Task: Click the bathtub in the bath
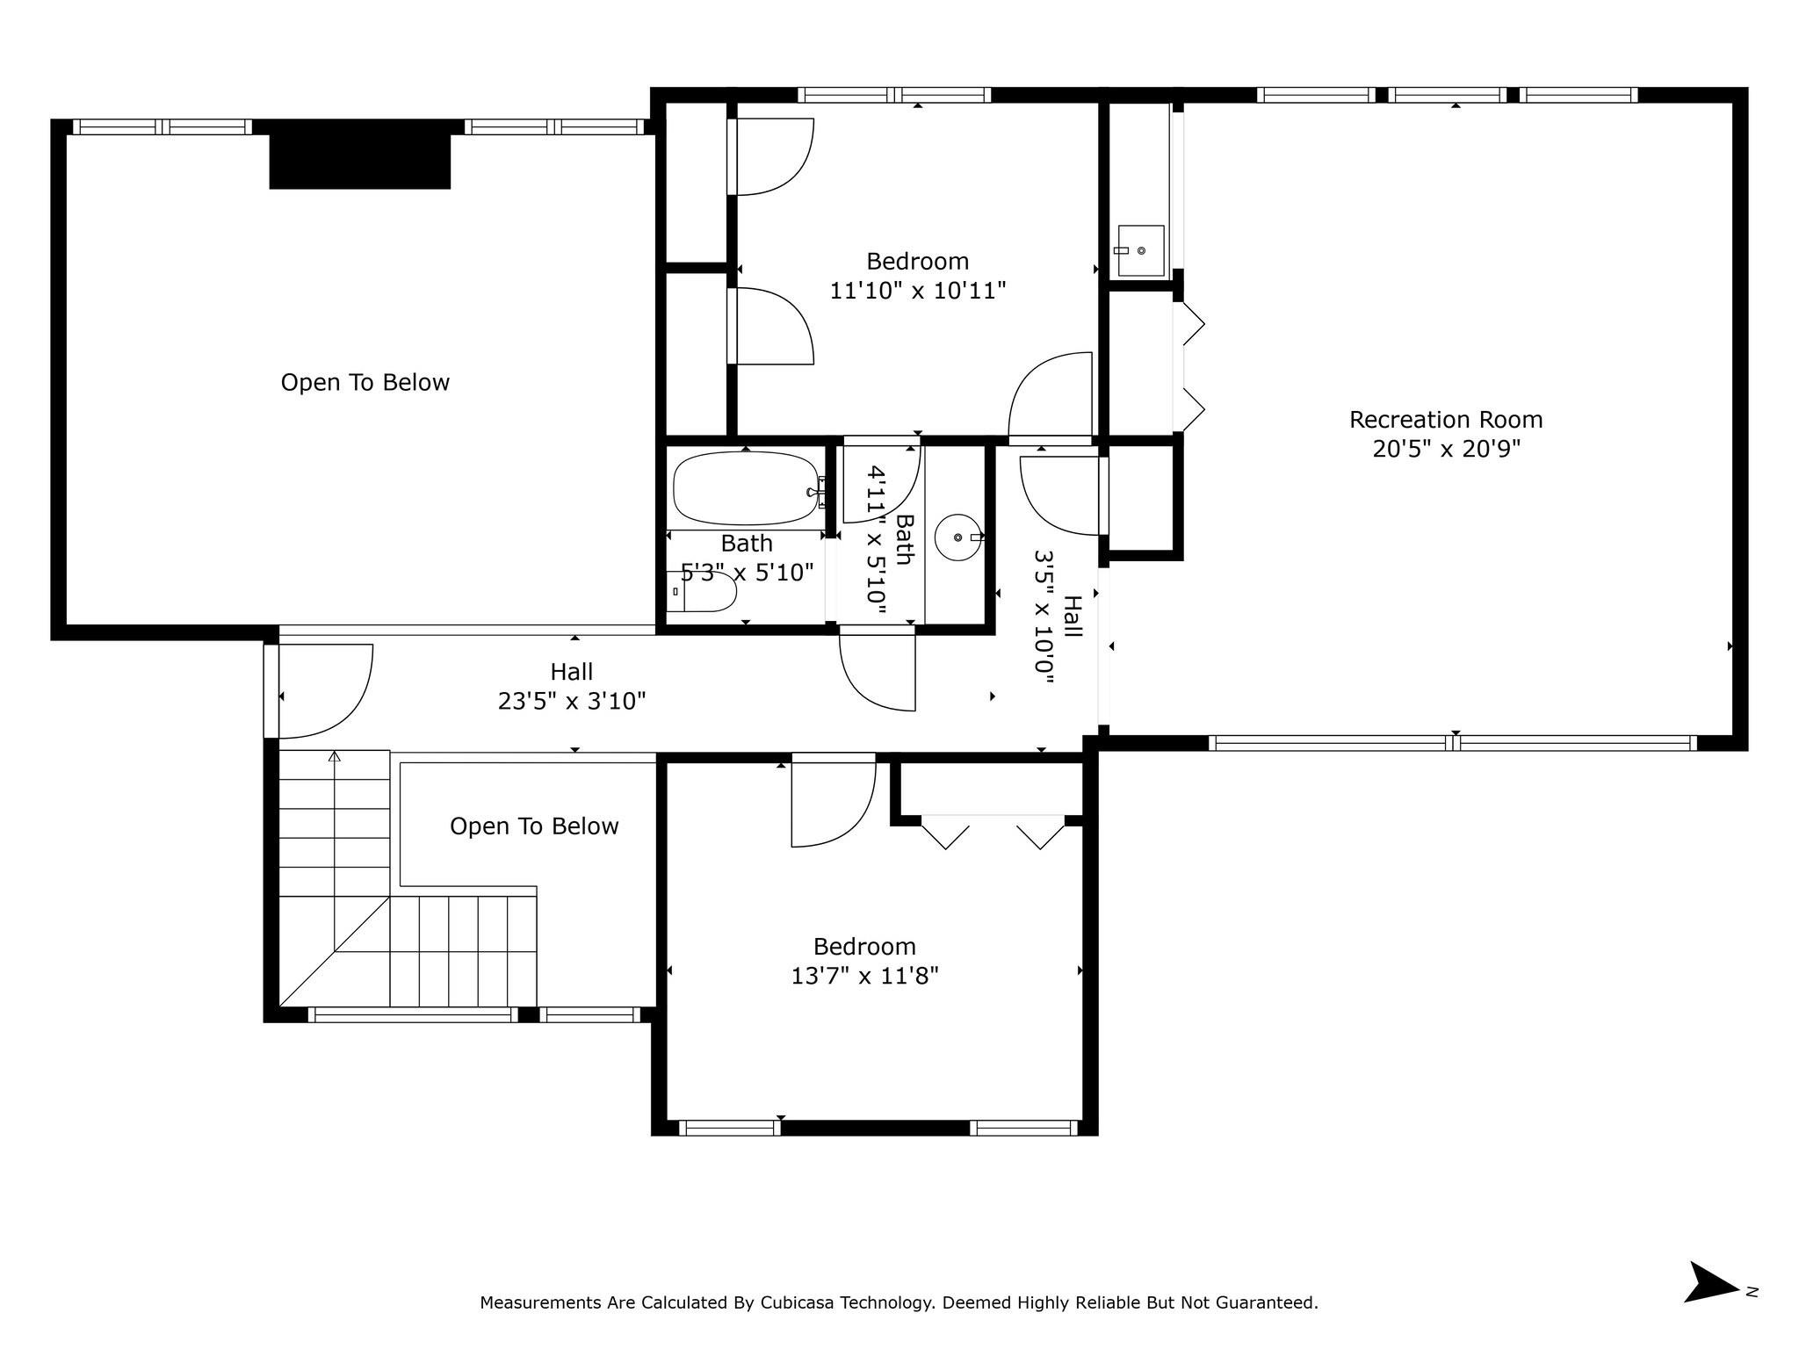pos(747,488)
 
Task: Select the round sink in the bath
pos(957,537)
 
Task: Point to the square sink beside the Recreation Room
pos(1140,250)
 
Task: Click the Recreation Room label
pos(1446,420)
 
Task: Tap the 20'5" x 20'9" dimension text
pos(1446,449)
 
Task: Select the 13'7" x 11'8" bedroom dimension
pos(865,976)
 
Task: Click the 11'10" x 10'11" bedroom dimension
pos(918,290)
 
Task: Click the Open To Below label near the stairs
pos(534,826)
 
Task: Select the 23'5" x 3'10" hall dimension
pos(572,701)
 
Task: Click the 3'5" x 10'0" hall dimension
pos(1044,617)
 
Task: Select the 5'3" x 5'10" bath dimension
pos(748,573)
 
